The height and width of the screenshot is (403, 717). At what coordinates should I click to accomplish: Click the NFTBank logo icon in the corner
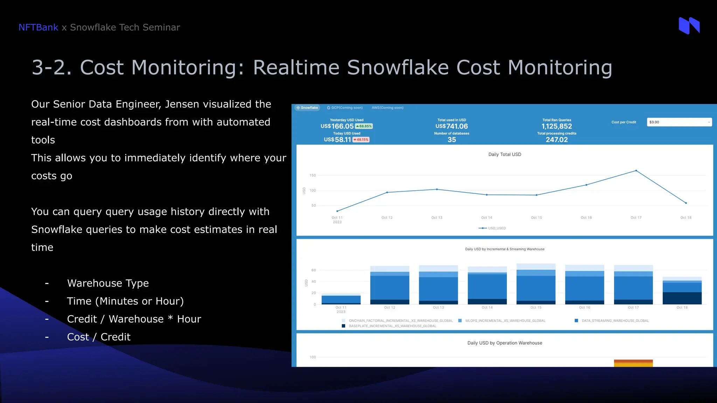click(x=689, y=26)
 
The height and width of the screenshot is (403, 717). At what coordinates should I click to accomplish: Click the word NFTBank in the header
click(x=38, y=27)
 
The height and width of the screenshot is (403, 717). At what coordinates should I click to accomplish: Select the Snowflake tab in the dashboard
click(x=307, y=108)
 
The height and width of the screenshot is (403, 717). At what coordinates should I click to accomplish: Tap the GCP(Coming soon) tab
click(x=345, y=108)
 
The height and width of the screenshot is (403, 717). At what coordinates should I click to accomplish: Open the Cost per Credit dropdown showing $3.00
click(x=679, y=122)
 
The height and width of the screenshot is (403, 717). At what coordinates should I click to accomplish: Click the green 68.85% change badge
click(x=364, y=126)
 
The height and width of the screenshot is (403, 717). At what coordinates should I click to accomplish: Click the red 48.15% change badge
click(x=361, y=140)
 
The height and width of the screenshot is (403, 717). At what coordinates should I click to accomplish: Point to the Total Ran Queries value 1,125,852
click(x=557, y=126)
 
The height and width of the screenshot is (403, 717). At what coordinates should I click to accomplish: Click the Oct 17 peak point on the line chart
click(x=636, y=171)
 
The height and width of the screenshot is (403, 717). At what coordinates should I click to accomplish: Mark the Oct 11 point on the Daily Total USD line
click(x=337, y=211)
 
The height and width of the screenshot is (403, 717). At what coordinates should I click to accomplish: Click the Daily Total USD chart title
click(x=504, y=154)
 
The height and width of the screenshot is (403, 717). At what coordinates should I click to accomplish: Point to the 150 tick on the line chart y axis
click(x=313, y=175)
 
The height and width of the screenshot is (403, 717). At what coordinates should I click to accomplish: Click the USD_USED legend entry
click(x=493, y=228)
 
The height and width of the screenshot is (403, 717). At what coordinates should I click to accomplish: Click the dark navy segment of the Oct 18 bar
click(x=682, y=298)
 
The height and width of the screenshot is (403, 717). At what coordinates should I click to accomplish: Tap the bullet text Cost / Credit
click(x=99, y=337)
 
